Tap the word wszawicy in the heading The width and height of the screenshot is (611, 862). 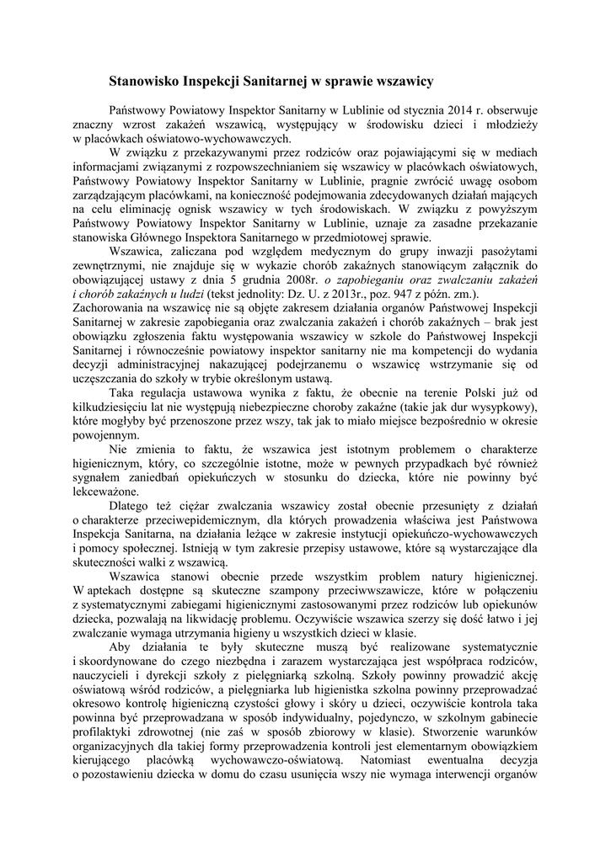click(400, 82)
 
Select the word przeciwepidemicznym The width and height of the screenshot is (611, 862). click(197, 520)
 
